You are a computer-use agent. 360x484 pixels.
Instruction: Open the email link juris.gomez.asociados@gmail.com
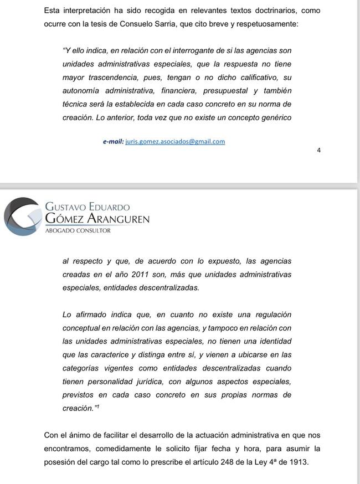(175, 141)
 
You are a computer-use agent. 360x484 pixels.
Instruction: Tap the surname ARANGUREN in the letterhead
(119, 219)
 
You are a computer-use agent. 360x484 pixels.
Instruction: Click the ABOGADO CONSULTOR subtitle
(78, 230)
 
